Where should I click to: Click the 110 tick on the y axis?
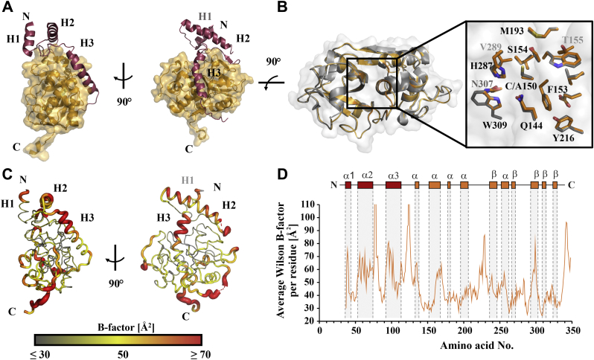308,203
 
